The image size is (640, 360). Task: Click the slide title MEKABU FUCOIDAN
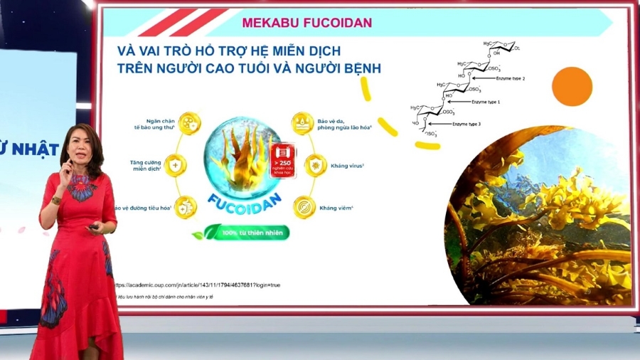[306, 22]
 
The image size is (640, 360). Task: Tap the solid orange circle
[572, 87]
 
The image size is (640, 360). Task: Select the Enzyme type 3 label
[468, 124]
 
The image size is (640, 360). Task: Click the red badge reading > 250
[282, 159]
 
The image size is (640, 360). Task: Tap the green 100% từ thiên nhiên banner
[246, 233]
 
